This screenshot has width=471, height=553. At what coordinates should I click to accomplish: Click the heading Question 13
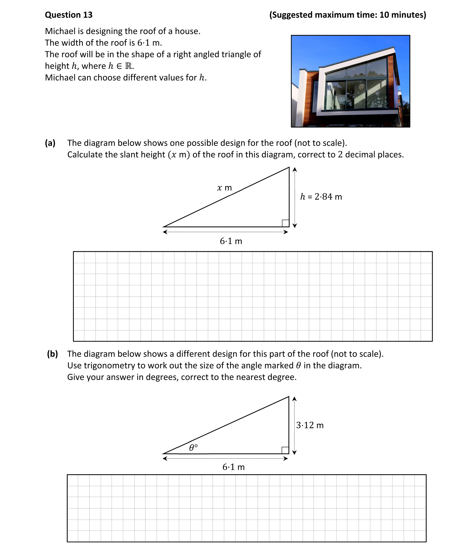point(69,15)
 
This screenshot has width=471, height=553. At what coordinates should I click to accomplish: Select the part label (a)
point(50,143)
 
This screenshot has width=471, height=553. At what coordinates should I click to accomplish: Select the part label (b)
point(52,354)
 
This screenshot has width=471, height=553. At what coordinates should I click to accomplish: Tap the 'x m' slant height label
point(224,188)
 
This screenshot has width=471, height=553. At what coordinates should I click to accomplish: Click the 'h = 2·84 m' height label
point(321,197)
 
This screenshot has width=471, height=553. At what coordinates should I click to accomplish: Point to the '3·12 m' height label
point(310,425)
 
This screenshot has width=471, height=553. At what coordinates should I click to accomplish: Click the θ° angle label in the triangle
point(193,448)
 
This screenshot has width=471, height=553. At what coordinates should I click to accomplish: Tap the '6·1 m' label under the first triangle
point(231,241)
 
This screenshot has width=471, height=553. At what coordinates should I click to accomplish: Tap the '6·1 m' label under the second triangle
point(233,467)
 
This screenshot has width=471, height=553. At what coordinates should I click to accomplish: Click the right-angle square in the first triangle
point(285,223)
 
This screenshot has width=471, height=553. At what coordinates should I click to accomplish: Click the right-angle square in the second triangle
point(285,450)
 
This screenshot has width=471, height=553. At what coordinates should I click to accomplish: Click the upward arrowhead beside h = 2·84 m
point(295,169)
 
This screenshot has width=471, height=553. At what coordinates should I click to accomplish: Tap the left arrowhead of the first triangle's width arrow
point(165,232)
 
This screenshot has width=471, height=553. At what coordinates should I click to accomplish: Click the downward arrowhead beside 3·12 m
point(294,452)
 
